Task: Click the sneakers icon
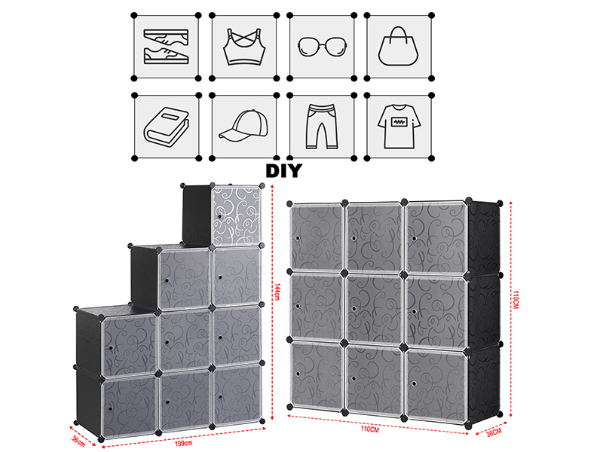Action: [x=166, y=47]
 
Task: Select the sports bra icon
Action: [x=244, y=47]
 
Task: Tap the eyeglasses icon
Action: [x=323, y=47]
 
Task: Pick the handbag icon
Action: [x=398, y=46]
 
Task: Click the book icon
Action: [x=167, y=126]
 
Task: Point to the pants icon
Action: [x=322, y=126]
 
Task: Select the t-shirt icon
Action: [x=399, y=127]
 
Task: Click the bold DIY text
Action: [x=284, y=171]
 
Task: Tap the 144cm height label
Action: [x=277, y=292]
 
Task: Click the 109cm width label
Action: [x=183, y=443]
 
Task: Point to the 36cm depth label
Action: [x=78, y=441]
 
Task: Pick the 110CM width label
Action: [x=369, y=429]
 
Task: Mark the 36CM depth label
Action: [x=494, y=432]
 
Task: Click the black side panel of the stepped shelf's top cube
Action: [x=197, y=215]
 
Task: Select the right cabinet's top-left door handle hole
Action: [x=298, y=238]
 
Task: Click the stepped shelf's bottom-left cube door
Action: [x=129, y=405]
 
